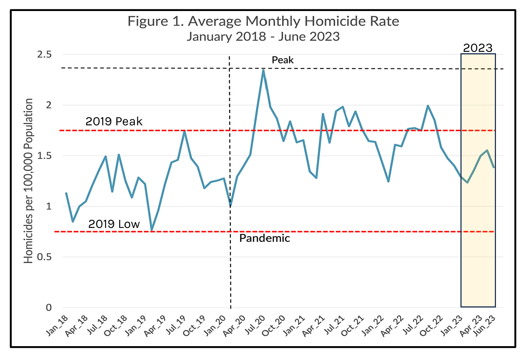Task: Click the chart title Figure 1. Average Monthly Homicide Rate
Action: (263, 21)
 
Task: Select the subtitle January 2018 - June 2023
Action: (263, 37)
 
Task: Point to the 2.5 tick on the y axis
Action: (44, 54)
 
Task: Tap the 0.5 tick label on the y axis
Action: (44, 257)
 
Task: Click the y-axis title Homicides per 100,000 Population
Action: (28, 181)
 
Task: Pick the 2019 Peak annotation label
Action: (114, 121)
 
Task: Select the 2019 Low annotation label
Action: (114, 224)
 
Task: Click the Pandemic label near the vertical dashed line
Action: (265, 238)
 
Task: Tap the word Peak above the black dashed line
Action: (282, 60)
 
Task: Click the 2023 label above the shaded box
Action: (478, 48)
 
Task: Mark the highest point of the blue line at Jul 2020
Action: (263, 70)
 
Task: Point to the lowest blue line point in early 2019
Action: (152, 230)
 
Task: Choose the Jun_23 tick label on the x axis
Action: (485, 326)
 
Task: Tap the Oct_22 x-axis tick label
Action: (431, 326)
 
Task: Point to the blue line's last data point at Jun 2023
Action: (494, 167)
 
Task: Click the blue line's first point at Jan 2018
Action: (66, 193)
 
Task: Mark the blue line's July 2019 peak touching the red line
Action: (184, 131)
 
